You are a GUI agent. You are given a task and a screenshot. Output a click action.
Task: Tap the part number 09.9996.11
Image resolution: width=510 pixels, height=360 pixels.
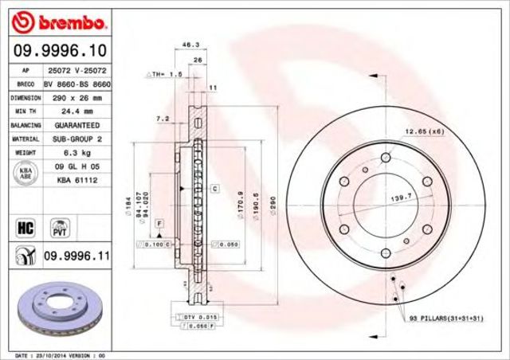76,256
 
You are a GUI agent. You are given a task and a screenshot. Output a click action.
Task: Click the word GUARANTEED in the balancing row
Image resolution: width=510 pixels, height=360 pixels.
78,126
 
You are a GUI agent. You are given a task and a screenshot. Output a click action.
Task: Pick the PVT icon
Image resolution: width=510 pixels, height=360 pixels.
58,228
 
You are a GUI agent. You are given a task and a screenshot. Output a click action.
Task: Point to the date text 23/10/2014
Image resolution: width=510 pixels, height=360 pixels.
49,354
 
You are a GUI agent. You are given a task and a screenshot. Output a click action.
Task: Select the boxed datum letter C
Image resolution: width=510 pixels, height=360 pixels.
215,189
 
